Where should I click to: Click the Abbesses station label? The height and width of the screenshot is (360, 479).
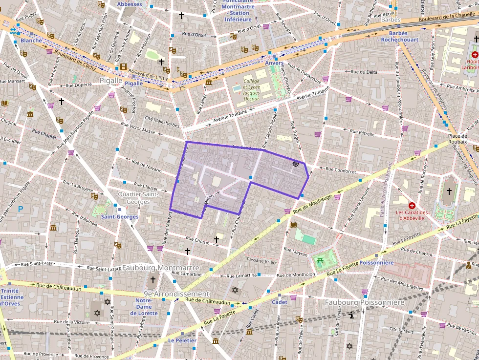(x=130, y=4)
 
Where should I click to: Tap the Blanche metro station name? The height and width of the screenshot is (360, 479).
(x=31, y=41)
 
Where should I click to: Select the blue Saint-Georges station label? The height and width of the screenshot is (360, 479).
(x=119, y=216)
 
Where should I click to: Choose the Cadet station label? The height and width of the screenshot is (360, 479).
(x=280, y=302)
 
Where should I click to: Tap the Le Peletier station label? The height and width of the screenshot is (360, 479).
(x=182, y=340)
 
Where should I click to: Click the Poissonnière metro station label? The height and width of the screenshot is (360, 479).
(x=376, y=262)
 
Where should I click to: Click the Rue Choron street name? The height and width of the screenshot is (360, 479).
(x=197, y=240)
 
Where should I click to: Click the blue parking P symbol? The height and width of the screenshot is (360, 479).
(x=21, y=209)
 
